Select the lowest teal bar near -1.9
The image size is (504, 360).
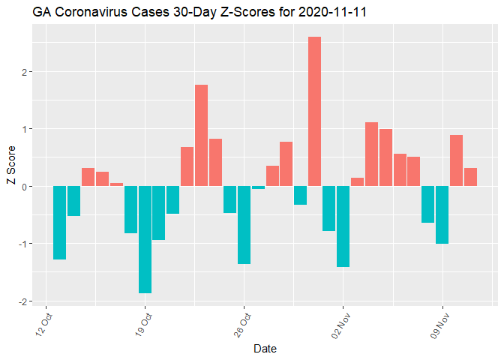(145, 239)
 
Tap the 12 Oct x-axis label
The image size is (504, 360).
(46, 323)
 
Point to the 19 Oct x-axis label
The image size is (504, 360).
(145, 323)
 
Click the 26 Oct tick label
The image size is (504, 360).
(244, 323)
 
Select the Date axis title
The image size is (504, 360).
(265, 349)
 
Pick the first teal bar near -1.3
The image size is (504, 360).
(59, 223)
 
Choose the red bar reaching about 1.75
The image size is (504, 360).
(201, 135)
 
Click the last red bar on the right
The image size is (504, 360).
(470, 177)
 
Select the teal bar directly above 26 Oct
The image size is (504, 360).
(244, 225)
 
